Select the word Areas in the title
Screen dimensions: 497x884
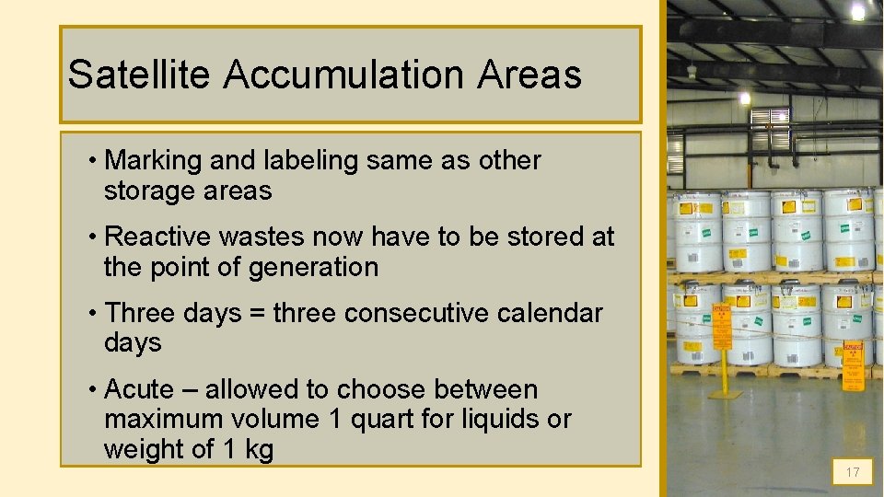coord(529,75)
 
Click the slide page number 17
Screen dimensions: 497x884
coord(853,472)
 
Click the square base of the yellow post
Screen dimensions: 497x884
coord(725,393)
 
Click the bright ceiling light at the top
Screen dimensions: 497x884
coord(857,11)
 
